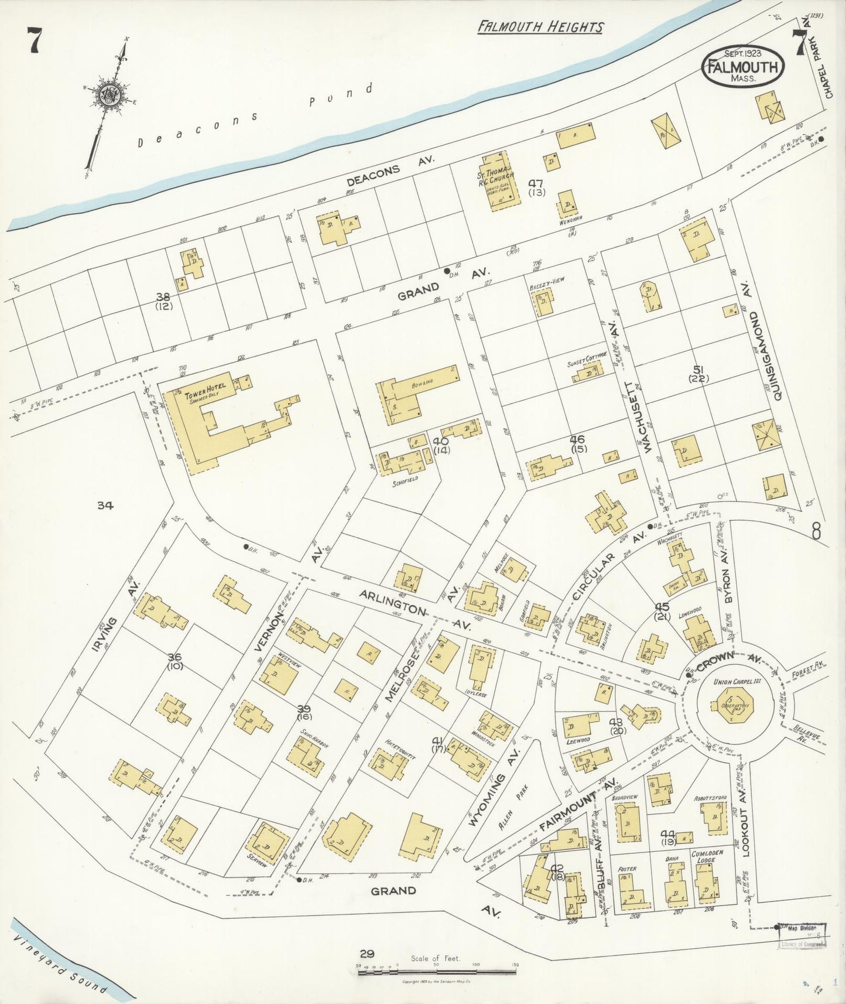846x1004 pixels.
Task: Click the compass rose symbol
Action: click(108, 95)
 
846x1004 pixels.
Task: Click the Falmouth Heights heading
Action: click(540, 26)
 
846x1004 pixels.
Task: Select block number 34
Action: click(105, 505)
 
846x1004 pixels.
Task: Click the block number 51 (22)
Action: click(698, 373)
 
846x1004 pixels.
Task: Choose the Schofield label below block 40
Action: click(405, 479)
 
